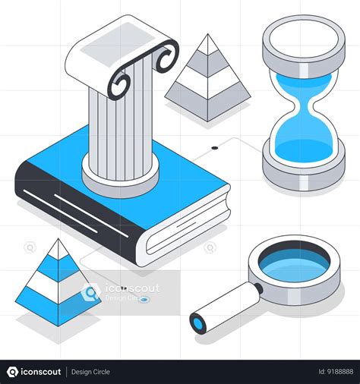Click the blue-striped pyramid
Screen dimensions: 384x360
(x=57, y=277)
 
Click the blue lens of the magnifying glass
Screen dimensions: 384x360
(x=294, y=264)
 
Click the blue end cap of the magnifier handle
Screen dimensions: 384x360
(x=198, y=325)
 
